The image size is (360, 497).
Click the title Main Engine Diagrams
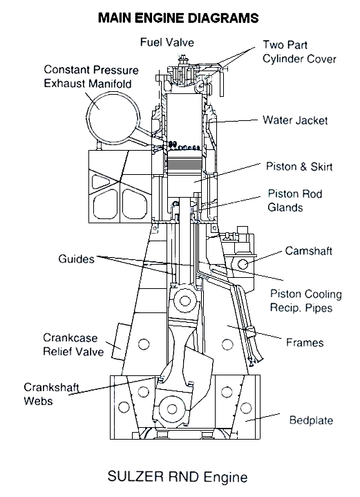pyautogui.click(x=178, y=18)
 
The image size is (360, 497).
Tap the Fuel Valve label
pyautogui.click(x=167, y=42)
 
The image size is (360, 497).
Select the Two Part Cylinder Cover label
pyautogui.click(x=299, y=52)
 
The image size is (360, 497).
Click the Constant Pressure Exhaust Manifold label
pyautogui.click(x=91, y=77)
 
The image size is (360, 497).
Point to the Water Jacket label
pyautogui.click(x=295, y=120)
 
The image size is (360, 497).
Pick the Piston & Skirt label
pyautogui.click(x=299, y=167)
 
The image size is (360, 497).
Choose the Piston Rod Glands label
pyautogui.click(x=295, y=200)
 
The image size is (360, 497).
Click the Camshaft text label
pyautogui.click(x=308, y=251)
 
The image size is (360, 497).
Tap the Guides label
pyautogui.click(x=77, y=259)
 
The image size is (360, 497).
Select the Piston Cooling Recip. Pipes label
pyautogui.click(x=306, y=301)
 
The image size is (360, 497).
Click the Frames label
pyautogui.click(x=305, y=342)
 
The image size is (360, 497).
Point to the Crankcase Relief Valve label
pyautogui.click(x=73, y=344)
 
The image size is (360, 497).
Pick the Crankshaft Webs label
pyautogui.click(x=51, y=394)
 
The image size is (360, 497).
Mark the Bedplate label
pyautogui.click(x=311, y=420)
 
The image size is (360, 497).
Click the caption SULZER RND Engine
pyautogui.click(x=178, y=476)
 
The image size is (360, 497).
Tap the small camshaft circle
pyautogui.click(x=243, y=264)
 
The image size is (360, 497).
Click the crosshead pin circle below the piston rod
pyautogui.click(x=184, y=301)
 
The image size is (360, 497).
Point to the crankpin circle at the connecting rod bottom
pyautogui.click(x=172, y=409)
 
